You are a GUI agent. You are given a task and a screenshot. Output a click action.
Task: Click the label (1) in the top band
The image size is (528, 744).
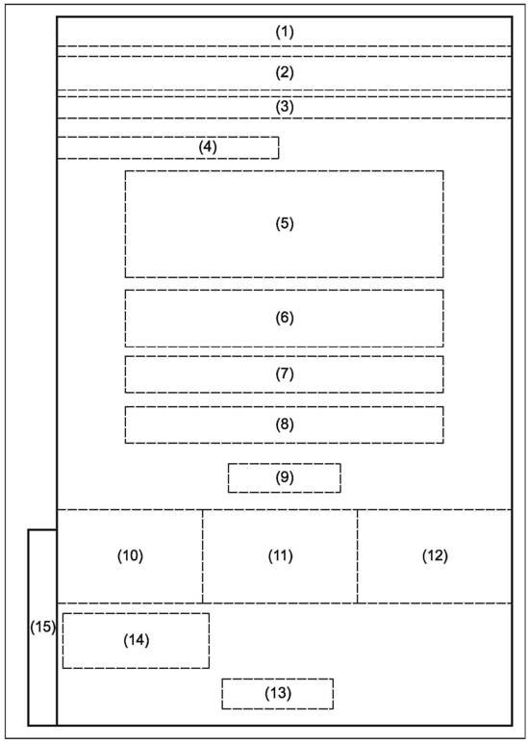(285, 32)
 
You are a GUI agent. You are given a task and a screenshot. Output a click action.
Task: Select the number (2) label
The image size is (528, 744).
(285, 72)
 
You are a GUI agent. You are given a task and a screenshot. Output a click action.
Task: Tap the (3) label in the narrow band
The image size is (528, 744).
(285, 107)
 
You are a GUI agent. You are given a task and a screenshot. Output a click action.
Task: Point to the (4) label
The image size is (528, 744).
(208, 147)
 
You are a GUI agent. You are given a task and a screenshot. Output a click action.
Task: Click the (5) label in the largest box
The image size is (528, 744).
(285, 223)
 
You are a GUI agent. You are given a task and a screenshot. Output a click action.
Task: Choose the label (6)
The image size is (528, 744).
(285, 318)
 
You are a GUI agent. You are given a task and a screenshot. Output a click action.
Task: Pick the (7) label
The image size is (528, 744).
(285, 373)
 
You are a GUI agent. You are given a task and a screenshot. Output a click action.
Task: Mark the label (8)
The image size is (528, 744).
(285, 424)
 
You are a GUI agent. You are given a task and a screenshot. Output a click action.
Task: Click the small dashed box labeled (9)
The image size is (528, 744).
(285, 477)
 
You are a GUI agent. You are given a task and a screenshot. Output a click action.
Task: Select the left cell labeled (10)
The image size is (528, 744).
(130, 556)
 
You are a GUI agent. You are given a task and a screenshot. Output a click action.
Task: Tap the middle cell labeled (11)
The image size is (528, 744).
(280, 556)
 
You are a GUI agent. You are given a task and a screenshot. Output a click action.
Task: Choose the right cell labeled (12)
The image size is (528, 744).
(435, 556)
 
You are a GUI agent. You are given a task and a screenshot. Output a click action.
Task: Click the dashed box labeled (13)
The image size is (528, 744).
(278, 694)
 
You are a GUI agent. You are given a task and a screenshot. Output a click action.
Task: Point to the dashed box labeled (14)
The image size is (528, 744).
(136, 641)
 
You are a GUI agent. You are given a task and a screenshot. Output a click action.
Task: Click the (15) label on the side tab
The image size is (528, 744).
(42, 627)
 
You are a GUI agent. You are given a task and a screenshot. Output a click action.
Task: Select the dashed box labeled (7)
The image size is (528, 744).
(285, 374)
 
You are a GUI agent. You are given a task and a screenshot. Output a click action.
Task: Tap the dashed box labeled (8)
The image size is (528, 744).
(285, 424)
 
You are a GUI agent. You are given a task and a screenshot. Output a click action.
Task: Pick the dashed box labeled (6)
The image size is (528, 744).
(285, 319)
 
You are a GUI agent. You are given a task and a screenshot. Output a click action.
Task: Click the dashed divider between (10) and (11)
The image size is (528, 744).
(202, 556)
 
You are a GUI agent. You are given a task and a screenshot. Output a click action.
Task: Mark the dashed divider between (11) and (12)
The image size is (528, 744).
(358, 556)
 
